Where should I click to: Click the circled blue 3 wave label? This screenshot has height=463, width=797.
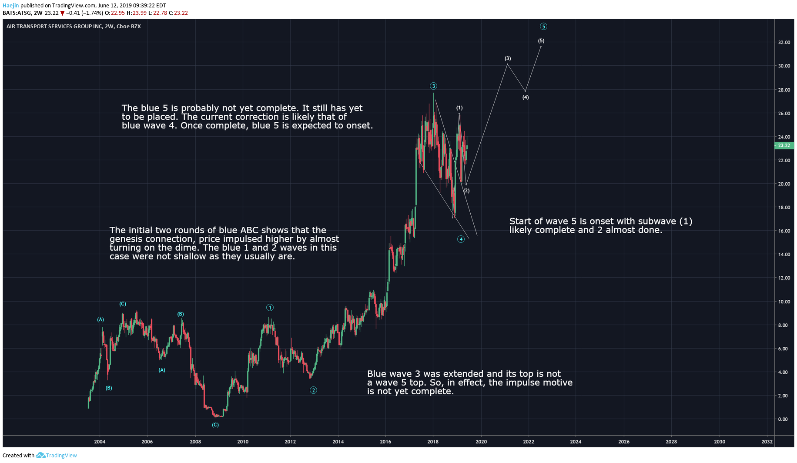[433, 86]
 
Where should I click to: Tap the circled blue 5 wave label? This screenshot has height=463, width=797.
[543, 27]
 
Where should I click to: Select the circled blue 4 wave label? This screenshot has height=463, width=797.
[461, 239]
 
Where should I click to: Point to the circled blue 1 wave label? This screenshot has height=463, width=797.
[270, 308]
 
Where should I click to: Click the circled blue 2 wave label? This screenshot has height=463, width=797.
[313, 390]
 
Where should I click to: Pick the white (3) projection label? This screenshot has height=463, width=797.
[508, 58]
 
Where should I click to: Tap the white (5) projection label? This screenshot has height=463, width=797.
[541, 41]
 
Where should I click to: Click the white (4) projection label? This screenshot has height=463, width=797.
[526, 97]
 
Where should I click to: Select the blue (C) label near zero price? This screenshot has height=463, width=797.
[215, 425]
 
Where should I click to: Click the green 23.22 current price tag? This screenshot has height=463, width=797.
[784, 146]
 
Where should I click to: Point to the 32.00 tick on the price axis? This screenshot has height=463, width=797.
[784, 43]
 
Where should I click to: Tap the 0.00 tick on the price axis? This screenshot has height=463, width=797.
[783, 419]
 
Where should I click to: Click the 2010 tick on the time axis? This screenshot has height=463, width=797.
[243, 442]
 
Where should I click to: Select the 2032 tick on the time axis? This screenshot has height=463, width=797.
[767, 442]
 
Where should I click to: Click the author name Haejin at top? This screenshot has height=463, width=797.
[11, 6]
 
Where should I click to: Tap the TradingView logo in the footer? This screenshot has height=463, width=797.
[57, 456]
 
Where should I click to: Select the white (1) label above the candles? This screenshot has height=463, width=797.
[459, 108]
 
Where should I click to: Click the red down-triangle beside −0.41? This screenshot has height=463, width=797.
[62, 13]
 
